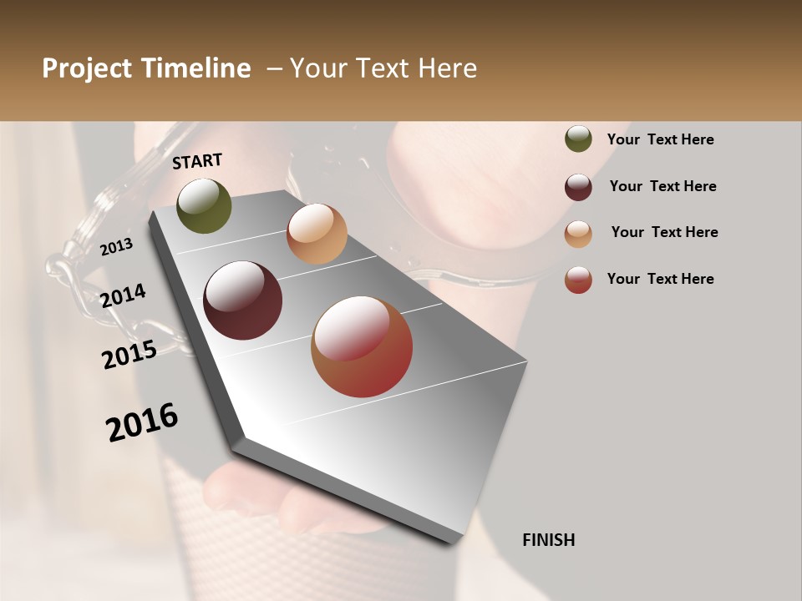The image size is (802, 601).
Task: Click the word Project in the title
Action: point(87,68)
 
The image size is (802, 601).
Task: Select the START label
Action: point(197,161)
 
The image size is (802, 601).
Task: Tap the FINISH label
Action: point(548,540)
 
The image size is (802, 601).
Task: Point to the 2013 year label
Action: point(116,247)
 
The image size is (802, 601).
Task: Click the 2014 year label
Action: point(124,295)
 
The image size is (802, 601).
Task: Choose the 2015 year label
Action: point(129,355)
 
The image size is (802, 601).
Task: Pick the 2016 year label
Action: point(142,422)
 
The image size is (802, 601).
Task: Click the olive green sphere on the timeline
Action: point(204,206)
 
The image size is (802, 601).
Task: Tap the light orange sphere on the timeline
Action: point(317,234)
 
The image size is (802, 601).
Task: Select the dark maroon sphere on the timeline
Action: point(243,300)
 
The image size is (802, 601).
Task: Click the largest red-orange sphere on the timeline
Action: point(362,346)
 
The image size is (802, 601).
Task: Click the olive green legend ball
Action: point(578,139)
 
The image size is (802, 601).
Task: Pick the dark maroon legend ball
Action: point(578,186)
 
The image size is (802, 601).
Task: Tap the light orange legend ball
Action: point(578,233)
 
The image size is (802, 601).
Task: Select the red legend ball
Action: point(578,280)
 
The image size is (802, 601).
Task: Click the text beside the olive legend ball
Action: point(660,139)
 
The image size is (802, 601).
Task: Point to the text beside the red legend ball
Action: point(660,279)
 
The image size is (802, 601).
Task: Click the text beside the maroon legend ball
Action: point(662,186)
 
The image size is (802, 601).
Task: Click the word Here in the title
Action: point(447,68)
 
